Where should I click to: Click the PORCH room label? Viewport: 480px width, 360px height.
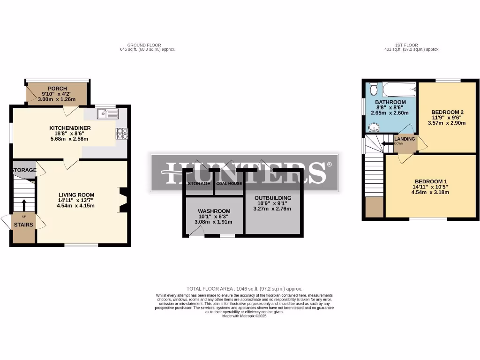pyautogui.click(x=57, y=89)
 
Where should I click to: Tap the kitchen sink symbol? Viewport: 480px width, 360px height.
pyautogui.click(x=108, y=113)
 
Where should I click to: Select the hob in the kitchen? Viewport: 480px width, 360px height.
pyautogui.click(x=121, y=134)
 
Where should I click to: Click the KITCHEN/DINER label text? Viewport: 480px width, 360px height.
pyautogui.click(x=70, y=128)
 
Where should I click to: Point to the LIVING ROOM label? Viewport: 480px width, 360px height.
pyautogui.click(x=76, y=195)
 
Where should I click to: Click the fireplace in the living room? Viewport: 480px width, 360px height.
pyautogui.click(x=123, y=200)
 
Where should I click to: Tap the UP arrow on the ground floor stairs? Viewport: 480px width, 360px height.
pyautogui.click(x=23, y=205)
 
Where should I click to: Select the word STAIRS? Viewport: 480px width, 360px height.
pyautogui.click(x=23, y=225)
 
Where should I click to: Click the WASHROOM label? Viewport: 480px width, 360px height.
pyautogui.click(x=214, y=211)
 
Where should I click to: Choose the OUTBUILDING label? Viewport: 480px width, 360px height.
pyautogui.click(x=273, y=198)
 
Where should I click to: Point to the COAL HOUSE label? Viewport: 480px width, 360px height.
pyautogui.click(x=229, y=183)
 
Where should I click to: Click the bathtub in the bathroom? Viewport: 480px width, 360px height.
pyautogui.click(x=399, y=89)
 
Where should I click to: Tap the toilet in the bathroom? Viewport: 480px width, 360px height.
pyautogui.click(x=374, y=88)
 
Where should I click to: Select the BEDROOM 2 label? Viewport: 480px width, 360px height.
pyautogui.click(x=447, y=112)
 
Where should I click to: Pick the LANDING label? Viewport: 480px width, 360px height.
pyautogui.click(x=404, y=139)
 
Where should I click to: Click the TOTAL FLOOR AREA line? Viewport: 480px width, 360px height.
pyautogui.click(x=244, y=289)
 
